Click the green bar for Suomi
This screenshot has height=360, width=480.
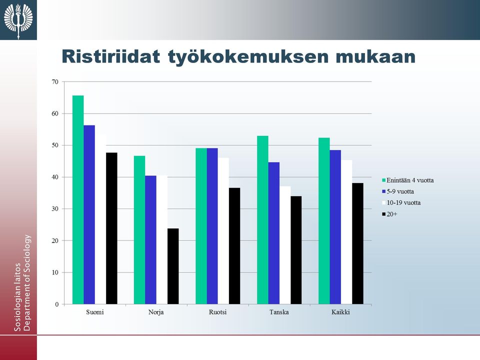pos(78,200)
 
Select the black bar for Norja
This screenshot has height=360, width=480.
pos(173,266)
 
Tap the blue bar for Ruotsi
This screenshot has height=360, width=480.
pos(212,226)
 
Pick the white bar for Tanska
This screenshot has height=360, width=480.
pos(285,245)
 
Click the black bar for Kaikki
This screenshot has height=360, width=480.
pos(357,243)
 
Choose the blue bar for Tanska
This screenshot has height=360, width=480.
pos(273,233)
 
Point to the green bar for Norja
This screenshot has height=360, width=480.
pos(139,230)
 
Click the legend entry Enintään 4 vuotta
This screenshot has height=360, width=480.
pos(408,180)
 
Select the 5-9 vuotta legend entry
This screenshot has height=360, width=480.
pos(398,191)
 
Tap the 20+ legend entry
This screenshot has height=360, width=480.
pos(389,214)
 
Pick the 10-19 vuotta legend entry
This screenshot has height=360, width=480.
pos(401,203)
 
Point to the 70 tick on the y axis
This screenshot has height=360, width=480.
pos(55,81)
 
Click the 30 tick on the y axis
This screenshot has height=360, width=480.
pos(55,209)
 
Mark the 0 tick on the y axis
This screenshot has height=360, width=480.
pos(57,304)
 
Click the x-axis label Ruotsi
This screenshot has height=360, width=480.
pos(217,312)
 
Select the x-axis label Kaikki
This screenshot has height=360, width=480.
pos(340,312)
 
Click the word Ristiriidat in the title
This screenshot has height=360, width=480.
pos(111,56)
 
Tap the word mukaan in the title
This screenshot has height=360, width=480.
pos(375,57)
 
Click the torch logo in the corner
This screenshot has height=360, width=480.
pos(18,20)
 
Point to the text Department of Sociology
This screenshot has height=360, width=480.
pos(27,283)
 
